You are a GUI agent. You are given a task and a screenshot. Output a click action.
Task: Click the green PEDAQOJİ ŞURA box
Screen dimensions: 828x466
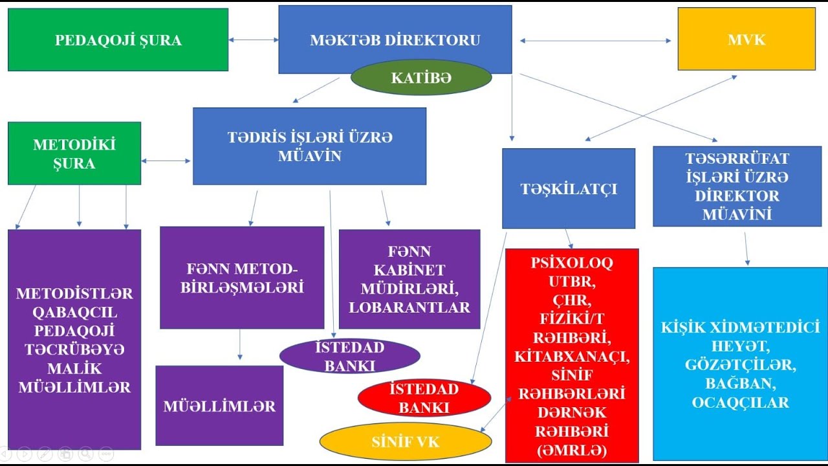(118, 39)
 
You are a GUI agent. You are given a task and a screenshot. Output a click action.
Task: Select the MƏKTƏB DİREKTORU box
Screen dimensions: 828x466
(395, 39)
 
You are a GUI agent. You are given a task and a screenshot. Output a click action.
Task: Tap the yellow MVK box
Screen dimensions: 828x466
(746, 39)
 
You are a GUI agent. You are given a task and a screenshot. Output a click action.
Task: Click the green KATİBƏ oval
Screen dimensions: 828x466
(421, 78)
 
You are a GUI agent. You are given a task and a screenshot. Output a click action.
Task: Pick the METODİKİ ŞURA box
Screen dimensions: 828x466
(74, 153)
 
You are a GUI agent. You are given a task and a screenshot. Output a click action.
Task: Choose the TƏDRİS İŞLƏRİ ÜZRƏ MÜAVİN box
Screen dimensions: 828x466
(309, 146)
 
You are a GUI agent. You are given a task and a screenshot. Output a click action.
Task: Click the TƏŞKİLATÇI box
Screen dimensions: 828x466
(569, 188)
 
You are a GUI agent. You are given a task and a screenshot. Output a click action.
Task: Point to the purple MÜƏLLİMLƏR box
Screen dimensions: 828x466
(219, 406)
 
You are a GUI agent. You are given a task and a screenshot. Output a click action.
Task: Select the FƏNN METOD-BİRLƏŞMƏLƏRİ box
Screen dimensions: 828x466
(242, 278)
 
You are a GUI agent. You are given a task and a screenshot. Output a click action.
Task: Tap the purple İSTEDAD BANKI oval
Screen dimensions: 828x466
(350, 356)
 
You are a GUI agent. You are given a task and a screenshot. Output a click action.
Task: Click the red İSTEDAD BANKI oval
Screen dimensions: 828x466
(424, 398)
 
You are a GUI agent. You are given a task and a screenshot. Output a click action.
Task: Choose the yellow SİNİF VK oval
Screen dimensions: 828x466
(406, 441)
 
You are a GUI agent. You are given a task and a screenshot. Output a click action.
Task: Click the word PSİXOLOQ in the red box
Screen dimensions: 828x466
(572, 263)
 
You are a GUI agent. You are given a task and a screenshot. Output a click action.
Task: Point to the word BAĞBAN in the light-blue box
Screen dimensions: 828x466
(741, 384)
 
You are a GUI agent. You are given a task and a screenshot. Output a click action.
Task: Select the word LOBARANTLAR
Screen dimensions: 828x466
(409, 307)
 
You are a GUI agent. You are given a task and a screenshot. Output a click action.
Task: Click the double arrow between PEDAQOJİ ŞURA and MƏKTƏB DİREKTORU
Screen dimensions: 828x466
(254, 39)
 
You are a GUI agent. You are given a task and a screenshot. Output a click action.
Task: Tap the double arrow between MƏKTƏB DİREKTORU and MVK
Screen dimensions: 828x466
(595, 41)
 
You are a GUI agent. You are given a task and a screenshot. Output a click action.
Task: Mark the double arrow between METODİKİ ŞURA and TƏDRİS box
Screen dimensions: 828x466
(166, 161)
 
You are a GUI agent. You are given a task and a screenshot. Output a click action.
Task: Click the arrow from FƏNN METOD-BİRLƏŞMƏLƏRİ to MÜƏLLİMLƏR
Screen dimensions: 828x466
(240, 344)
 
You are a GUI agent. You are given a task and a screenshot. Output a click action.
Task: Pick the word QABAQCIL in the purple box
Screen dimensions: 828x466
(74, 313)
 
